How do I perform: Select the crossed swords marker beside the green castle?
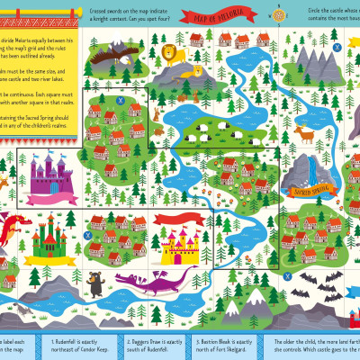[86, 236]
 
